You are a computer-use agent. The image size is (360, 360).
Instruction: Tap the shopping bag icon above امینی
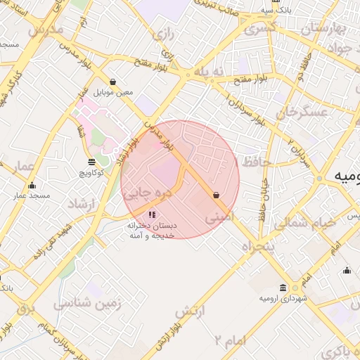(216, 195)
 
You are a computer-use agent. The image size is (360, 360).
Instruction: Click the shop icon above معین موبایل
(113, 82)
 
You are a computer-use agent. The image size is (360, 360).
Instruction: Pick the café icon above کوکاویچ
(91, 161)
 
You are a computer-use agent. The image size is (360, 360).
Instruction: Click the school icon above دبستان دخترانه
(152, 214)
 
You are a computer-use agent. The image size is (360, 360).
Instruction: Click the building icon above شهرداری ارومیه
(283, 288)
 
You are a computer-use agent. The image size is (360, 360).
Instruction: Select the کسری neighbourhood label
(259, 30)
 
